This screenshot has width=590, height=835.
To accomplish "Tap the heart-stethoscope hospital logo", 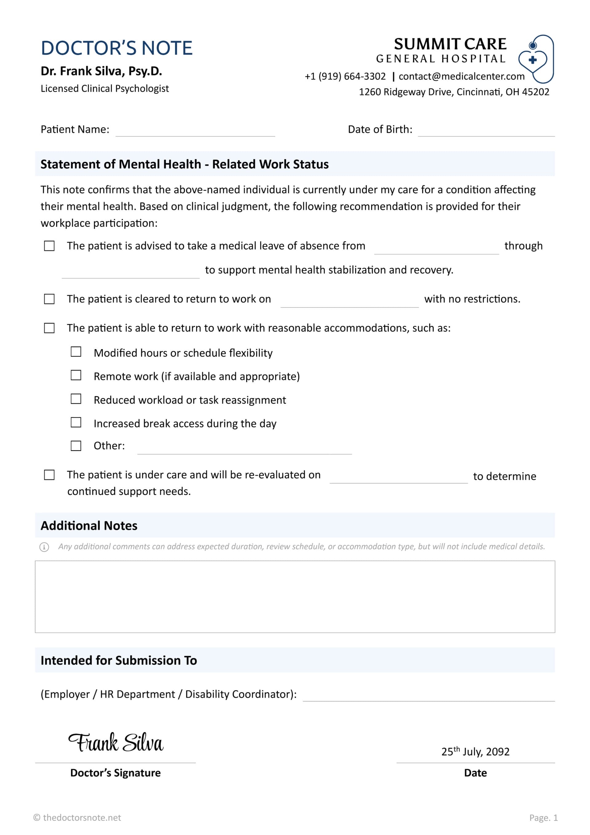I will click(536, 59).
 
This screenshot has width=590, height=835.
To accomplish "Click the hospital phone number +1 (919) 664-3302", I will click(345, 76).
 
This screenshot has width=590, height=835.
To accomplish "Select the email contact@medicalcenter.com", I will click(461, 76).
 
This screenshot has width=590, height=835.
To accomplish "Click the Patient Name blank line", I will click(195, 132).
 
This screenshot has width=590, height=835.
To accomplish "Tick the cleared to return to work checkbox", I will click(49, 299).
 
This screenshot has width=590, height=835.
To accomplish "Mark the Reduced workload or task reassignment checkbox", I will click(76, 399).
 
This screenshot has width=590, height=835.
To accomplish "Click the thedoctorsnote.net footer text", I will click(77, 817).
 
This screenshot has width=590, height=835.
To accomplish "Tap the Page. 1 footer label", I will click(543, 817).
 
